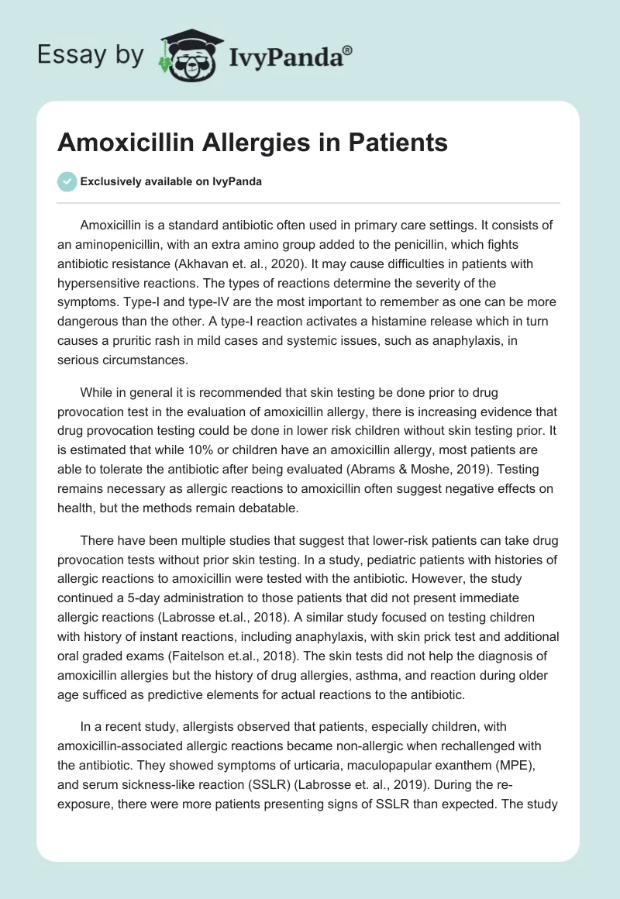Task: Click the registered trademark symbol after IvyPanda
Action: click(348, 50)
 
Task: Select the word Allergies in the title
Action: click(251, 143)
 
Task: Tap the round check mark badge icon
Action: click(67, 181)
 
